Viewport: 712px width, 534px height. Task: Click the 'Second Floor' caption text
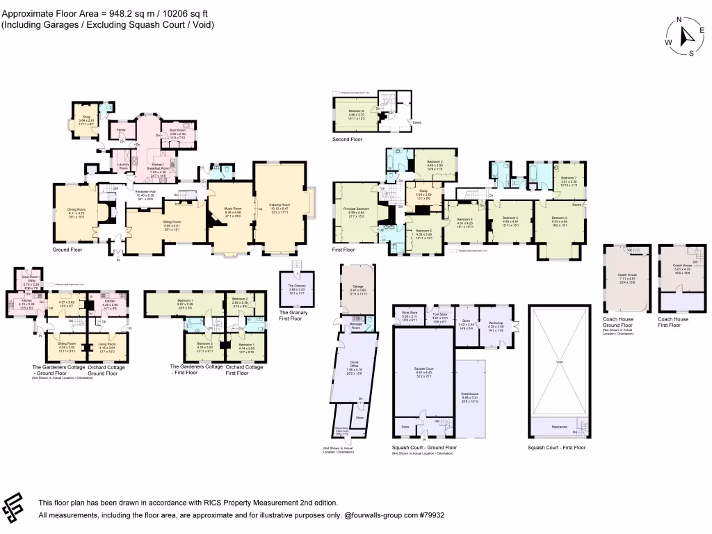click(347, 139)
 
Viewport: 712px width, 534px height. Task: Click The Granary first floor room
click(296, 289)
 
